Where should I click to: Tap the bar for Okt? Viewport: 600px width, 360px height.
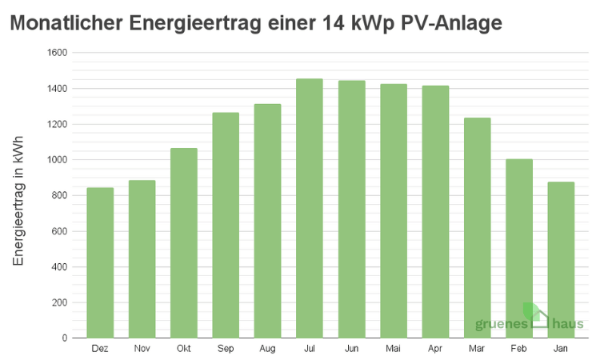point(183,243)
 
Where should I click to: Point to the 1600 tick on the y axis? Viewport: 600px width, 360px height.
point(58,53)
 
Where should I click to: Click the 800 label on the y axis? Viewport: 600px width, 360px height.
point(60,195)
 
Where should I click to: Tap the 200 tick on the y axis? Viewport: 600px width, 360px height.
point(60,302)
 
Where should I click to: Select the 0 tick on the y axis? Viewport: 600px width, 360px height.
point(65,338)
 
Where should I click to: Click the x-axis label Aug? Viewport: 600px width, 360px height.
point(267,350)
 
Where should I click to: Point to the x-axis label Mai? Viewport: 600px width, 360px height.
point(393,350)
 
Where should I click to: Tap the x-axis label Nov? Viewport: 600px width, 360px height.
point(142,350)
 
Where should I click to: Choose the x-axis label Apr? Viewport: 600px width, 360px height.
point(434,350)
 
